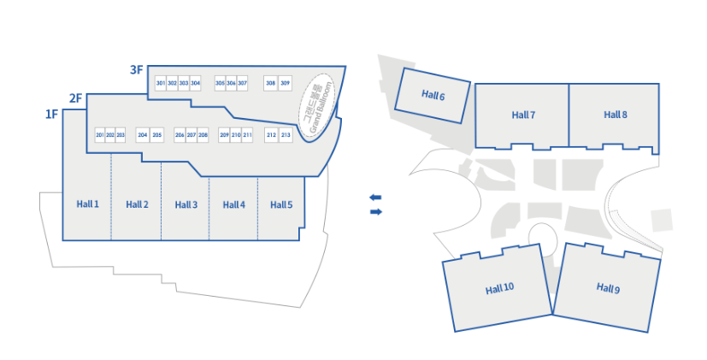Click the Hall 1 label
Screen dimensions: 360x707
point(88,204)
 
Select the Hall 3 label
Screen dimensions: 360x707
point(186,204)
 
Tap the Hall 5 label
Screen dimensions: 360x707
point(281,204)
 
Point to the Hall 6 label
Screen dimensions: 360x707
point(433,96)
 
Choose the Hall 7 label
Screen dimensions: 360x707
point(523,115)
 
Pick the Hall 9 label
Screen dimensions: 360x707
point(608,288)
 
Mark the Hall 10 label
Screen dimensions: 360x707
point(500,288)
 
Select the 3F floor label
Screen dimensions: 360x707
point(136,70)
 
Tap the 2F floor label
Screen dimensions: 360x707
point(75,98)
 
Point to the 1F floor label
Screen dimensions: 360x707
point(51,114)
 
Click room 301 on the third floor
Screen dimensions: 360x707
point(161,83)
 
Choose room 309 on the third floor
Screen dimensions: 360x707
point(286,83)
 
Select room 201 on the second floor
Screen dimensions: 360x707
point(100,135)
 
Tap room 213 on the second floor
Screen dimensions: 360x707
point(286,135)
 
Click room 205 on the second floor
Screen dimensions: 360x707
point(156,135)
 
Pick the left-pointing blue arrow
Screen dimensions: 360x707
point(375,197)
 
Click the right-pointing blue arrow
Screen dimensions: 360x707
point(375,211)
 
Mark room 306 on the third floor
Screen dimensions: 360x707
point(231,83)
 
